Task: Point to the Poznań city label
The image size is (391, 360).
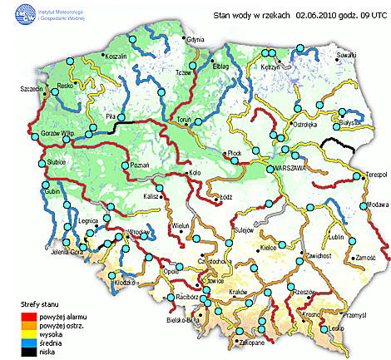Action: click(x=141, y=165)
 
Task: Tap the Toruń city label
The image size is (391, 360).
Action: click(x=185, y=120)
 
